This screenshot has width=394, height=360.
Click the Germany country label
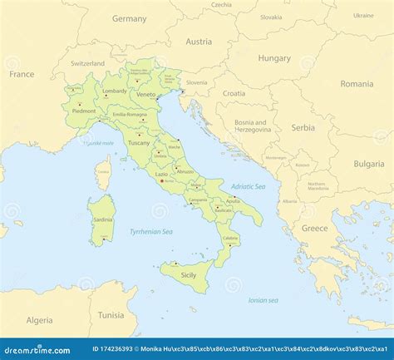[x=129, y=18]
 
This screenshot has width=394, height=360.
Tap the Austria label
[x=199, y=42]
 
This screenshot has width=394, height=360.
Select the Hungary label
[x=274, y=58]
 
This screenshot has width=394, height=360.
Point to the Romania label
[x=357, y=84]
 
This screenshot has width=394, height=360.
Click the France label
[x=22, y=74]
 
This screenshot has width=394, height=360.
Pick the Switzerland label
[x=87, y=63]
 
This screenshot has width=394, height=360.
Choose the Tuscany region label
[x=138, y=143]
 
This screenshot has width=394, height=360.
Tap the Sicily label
[x=189, y=274]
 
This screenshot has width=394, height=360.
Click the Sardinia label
[x=103, y=219]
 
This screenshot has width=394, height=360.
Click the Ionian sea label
[x=263, y=300]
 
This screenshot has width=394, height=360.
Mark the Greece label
[x=314, y=228]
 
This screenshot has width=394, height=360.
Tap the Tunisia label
[x=111, y=315]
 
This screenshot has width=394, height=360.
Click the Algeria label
[x=39, y=320]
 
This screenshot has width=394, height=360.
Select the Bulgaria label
[x=368, y=164]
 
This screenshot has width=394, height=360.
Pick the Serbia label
[x=303, y=127]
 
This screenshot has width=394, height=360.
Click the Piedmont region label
[x=84, y=111]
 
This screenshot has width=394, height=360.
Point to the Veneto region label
[x=145, y=95]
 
